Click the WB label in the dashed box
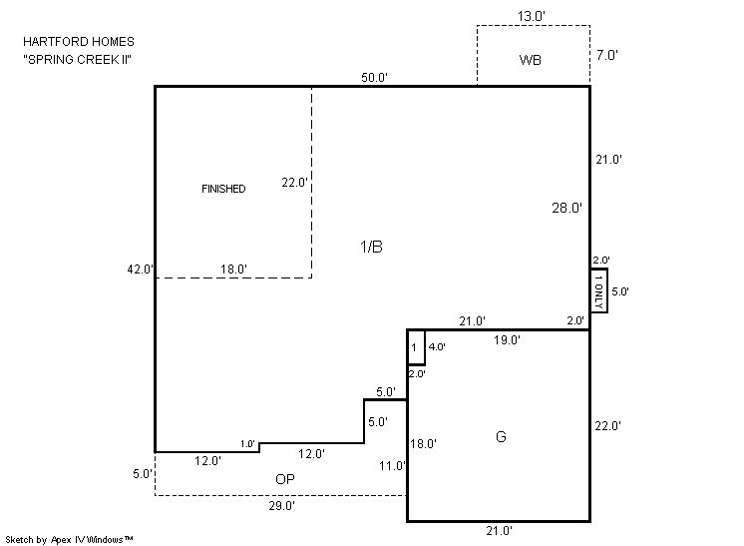(x=530, y=60)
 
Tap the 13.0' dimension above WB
(x=531, y=17)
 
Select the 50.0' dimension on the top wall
(x=374, y=78)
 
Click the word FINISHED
(x=223, y=189)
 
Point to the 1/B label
(x=372, y=247)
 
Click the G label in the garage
(x=501, y=436)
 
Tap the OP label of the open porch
(x=284, y=479)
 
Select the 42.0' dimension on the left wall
(x=141, y=270)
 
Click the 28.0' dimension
(x=566, y=208)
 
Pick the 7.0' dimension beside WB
(x=607, y=55)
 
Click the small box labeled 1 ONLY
(x=598, y=290)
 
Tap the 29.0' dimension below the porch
(x=282, y=506)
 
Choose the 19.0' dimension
(x=507, y=340)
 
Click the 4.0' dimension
(x=437, y=347)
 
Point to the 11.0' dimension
(x=392, y=466)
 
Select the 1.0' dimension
(x=247, y=444)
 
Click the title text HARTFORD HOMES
(x=79, y=42)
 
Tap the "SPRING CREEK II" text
(x=78, y=59)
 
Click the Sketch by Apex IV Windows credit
(x=69, y=539)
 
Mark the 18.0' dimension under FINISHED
(x=233, y=270)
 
